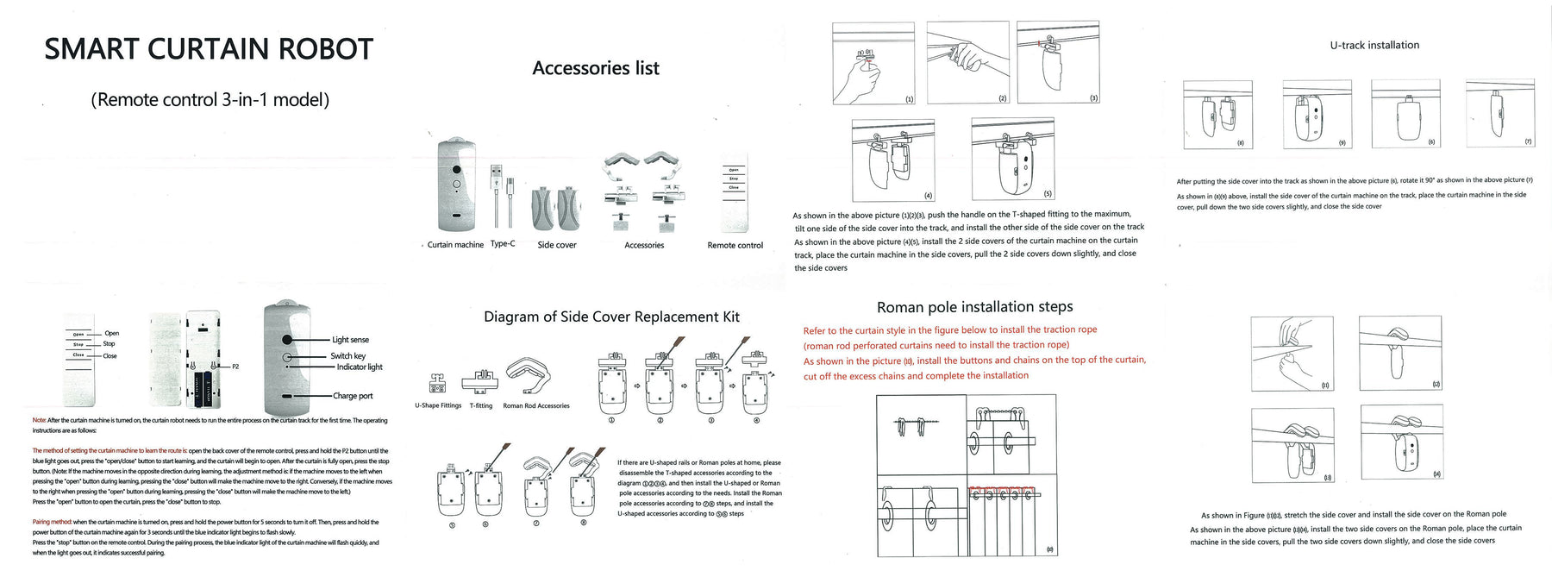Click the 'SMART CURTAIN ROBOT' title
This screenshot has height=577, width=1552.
tap(209, 50)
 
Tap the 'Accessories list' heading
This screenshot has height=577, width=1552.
tap(596, 68)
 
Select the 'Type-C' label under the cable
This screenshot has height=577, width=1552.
tap(503, 244)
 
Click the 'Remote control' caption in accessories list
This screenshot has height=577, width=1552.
tap(735, 246)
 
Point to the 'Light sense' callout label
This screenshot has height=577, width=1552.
tap(350, 340)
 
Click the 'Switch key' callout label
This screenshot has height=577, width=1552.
tap(347, 356)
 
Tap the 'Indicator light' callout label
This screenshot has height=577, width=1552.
tap(360, 367)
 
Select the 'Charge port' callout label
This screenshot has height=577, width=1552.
tap(353, 396)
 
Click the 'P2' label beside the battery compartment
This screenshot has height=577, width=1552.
tap(235, 367)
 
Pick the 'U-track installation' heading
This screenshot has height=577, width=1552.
tap(1374, 46)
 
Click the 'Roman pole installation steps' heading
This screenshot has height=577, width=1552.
tap(974, 307)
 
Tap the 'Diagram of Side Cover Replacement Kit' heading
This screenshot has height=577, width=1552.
tap(611, 317)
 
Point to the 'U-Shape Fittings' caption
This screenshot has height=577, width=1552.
tap(438, 405)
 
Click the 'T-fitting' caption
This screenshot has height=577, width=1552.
tap(481, 405)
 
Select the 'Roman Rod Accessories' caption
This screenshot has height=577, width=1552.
tap(536, 405)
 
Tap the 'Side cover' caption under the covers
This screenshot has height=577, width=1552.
tap(557, 245)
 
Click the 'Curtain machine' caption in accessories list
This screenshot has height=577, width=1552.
tap(455, 245)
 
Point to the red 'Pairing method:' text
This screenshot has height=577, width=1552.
tap(52, 522)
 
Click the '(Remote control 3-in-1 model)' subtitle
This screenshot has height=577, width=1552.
tap(210, 100)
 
